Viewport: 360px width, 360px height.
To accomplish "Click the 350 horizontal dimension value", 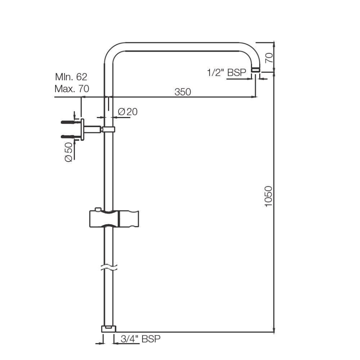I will coord(183,91).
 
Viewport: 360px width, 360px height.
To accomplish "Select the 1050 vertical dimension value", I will coord(268,196).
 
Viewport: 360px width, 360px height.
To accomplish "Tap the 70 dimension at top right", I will coord(268,57).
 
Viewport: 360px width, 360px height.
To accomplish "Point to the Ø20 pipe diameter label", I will coord(127,112).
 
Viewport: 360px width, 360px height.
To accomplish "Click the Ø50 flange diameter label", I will coord(69,152).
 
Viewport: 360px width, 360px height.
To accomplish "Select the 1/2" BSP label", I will coord(226,72).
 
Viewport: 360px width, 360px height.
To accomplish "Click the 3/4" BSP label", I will coord(140,339).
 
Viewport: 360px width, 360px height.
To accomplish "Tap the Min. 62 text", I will coord(71,77).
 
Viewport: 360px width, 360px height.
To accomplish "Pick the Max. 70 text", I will coord(72,89).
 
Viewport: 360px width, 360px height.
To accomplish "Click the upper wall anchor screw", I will coord(70,122).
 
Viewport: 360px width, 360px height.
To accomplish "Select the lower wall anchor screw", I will coord(70,136).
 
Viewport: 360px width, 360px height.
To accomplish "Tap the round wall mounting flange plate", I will coord(82,129).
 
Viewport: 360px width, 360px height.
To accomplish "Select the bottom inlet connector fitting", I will coord(109,329).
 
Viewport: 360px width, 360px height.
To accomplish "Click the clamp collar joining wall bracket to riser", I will coord(109,129).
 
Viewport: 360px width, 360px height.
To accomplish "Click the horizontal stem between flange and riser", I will coord(93,129).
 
